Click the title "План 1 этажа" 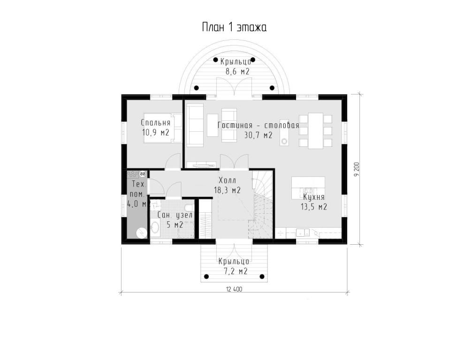234,28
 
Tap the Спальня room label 156,122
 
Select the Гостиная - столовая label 258,125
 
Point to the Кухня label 313,197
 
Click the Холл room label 228,180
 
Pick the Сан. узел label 175,215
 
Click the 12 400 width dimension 234,289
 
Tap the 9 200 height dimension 357,170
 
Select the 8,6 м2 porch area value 237,72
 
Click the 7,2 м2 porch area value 235,271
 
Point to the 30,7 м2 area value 258,135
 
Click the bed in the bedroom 163,128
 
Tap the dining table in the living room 315,131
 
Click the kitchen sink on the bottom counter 303,232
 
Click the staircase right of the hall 261,205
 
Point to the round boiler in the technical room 141,232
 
